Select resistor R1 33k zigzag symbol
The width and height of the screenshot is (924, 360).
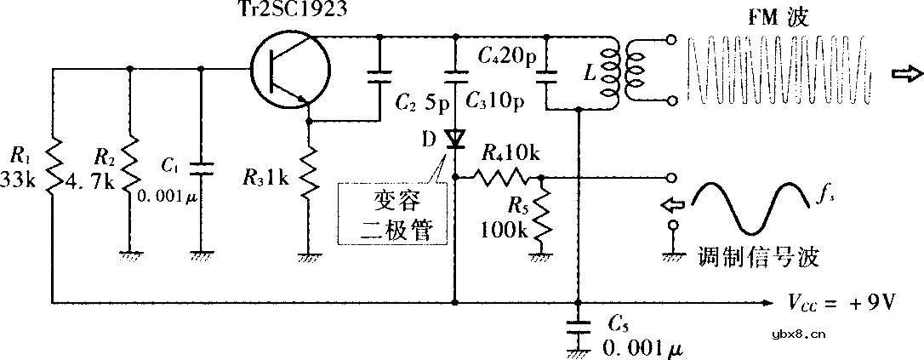(x=53, y=169)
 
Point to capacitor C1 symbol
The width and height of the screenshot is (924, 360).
(x=201, y=169)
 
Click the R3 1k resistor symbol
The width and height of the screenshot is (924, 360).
(x=309, y=169)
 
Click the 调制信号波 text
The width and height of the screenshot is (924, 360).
(x=759, y=255)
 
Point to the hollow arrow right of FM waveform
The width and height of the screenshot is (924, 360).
(x=903, y=75)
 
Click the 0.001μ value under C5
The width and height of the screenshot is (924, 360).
(x=642, y=347)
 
